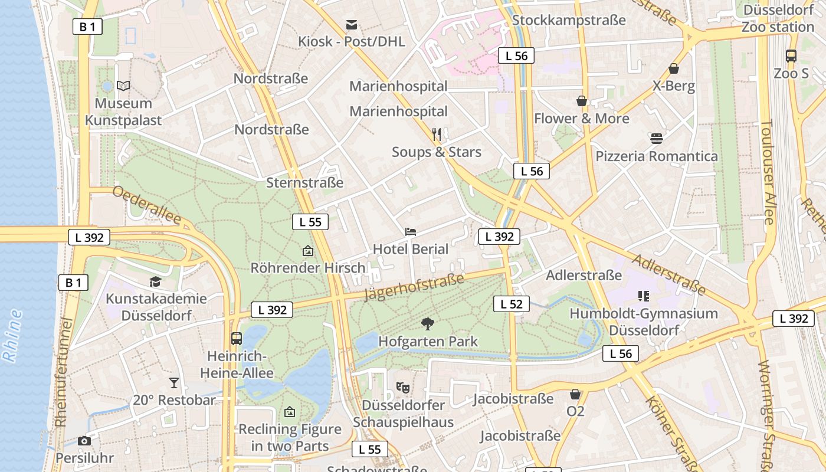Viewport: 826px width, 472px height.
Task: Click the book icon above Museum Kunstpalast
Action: (123, 86)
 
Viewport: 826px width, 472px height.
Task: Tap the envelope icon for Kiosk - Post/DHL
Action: (352, 24)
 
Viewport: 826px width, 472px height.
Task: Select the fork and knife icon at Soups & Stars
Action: (437, 135)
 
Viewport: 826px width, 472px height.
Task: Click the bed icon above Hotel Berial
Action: (411, 231)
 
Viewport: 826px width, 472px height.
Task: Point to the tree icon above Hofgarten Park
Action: (428, 323)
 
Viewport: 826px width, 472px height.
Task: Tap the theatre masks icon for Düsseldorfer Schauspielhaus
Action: (403, 388)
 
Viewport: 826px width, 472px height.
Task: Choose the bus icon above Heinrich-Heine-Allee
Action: (237, 339)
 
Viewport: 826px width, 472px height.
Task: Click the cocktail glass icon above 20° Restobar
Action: (173, 382)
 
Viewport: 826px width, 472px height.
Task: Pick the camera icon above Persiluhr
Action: (84, 441)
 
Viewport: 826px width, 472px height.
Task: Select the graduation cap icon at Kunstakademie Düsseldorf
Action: (155, 281)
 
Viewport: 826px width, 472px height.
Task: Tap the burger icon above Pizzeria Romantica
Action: (657, 139)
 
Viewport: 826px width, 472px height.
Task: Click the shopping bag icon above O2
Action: (575, 394)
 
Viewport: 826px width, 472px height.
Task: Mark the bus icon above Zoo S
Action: (791, 56)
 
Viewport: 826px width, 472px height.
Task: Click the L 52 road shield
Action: (511, 304)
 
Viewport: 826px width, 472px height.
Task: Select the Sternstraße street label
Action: (304, 183)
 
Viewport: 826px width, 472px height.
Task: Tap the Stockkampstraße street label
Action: (568, 20)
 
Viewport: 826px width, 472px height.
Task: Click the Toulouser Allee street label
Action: (767, 172)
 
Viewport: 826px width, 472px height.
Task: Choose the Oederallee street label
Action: (146, 205)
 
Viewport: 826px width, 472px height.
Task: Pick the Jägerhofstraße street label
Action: (414, 287)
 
